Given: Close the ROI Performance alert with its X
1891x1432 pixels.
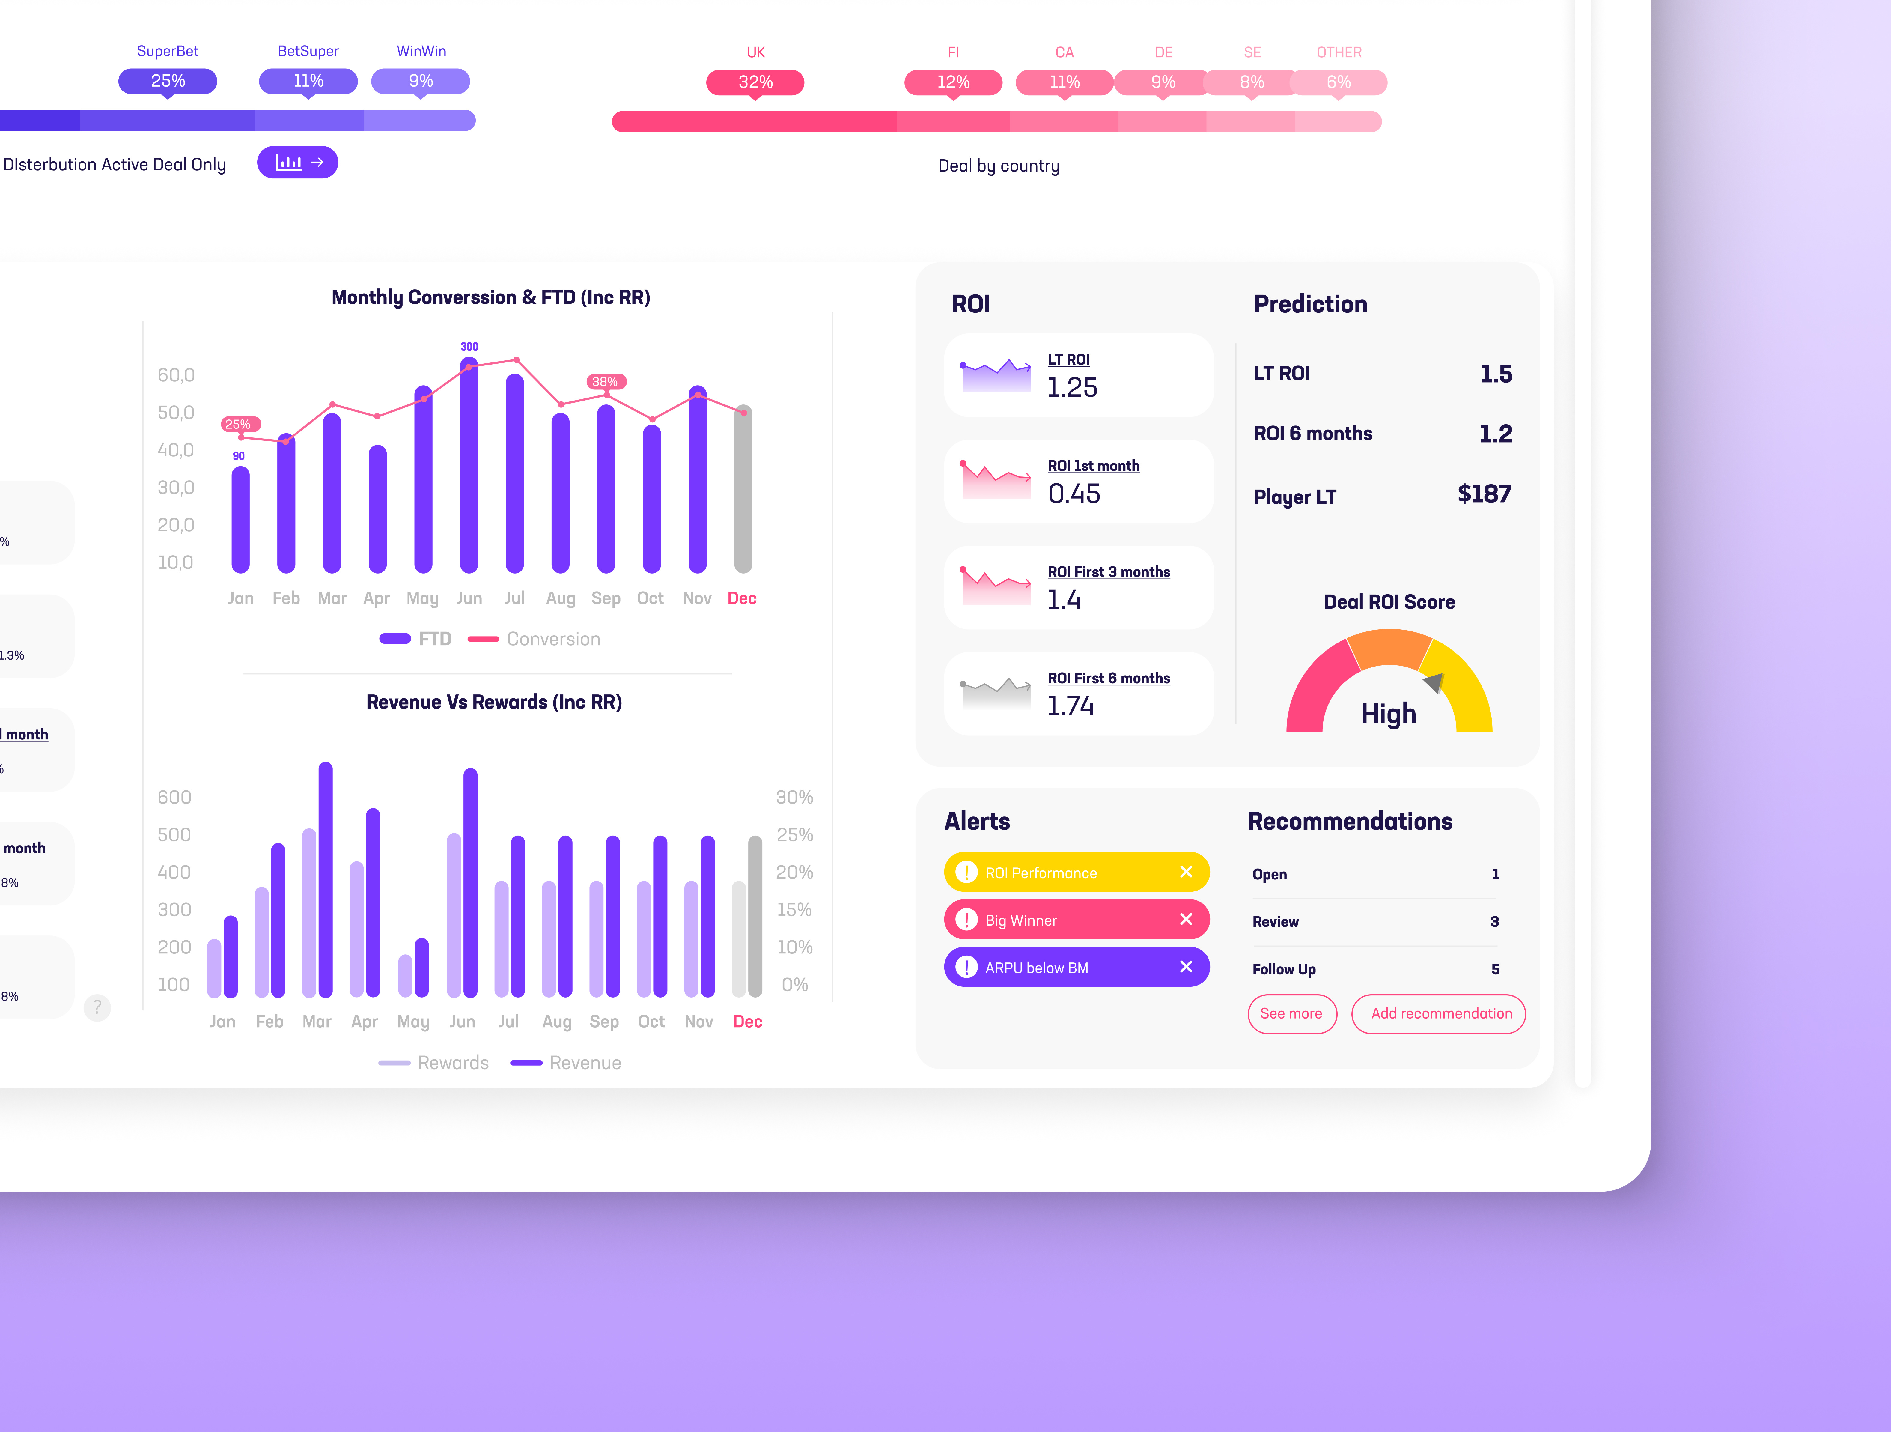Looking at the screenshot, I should tap(1186, 872).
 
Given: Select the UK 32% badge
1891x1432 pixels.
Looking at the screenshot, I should tap(755, 82).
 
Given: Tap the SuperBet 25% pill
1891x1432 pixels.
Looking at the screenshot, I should tap(168, 81).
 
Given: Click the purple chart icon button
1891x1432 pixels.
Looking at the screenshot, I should tap(297, 163).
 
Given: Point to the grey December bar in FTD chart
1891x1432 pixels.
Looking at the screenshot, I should tap(744, 492).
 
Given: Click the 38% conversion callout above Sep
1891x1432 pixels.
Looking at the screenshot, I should tap(605, 381).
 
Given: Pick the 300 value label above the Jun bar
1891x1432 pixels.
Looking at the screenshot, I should tap(469, 346).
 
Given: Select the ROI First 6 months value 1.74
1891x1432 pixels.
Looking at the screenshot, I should tap(1070, 706).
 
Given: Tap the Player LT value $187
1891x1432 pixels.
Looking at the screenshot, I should tap(1484, 494).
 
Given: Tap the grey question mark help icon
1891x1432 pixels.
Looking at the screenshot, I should tap(97, 1007).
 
